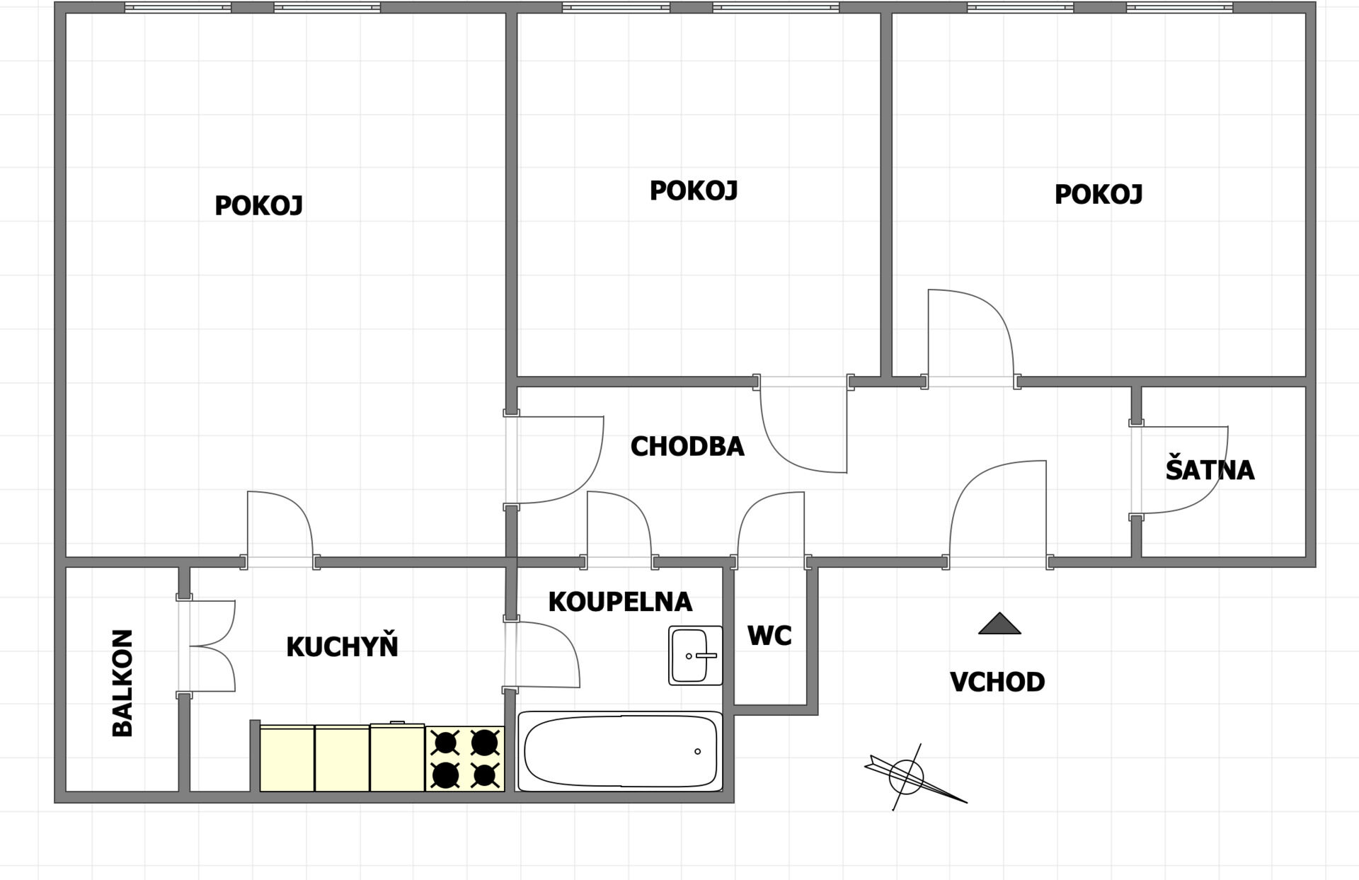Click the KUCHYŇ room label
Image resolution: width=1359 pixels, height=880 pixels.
coord(342,646)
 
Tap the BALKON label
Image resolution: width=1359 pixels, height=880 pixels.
coord(122,683)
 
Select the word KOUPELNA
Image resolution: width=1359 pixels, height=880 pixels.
coord(620,602)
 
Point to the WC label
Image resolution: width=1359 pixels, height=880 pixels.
coord(769,636)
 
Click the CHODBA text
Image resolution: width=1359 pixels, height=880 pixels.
coord(687,447)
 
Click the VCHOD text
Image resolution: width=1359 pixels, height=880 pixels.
coord(997,682)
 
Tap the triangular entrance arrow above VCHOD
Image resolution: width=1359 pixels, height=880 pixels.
coord(999,624)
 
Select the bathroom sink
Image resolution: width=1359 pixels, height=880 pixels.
coord(696,656)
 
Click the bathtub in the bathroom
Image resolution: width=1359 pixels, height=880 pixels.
coord(620,751)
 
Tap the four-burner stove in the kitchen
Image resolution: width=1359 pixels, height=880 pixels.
coord(465,759)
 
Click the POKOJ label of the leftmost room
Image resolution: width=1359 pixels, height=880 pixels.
coord(258,206)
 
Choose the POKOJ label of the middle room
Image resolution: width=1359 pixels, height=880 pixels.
coord(694,190)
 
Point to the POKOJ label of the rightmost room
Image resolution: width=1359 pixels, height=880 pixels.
coord(1099,194)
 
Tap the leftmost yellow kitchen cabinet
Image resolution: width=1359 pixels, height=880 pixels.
coord(287,758)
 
